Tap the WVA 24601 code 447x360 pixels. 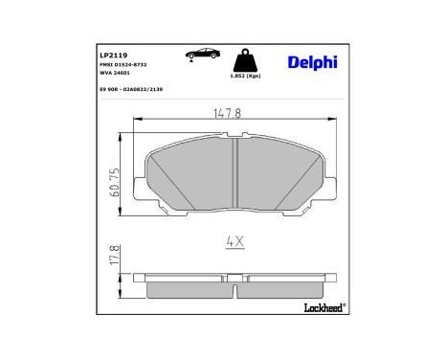tap(116, 73)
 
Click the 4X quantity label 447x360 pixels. tap(234, 243)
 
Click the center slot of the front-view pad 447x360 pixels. tap(235, 158)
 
